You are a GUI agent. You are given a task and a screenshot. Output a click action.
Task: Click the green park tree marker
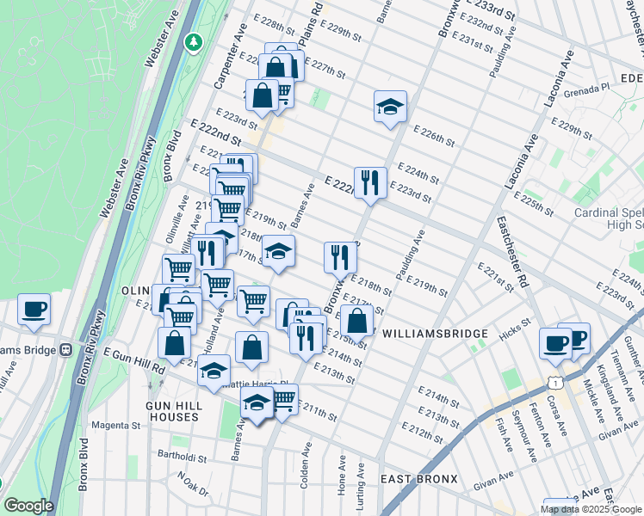click(195, 40)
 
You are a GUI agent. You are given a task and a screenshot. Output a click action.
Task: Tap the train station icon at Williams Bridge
click(64, 350)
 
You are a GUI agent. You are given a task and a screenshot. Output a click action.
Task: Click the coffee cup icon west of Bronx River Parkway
click(34, 309)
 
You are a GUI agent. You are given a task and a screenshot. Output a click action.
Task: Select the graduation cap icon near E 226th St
click(390, 107)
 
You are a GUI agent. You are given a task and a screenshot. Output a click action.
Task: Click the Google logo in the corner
click(28, 506)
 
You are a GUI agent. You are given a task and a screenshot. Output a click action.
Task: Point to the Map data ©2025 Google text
click(591, 509)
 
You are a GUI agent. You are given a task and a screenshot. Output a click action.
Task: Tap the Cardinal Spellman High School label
click(609, 218)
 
